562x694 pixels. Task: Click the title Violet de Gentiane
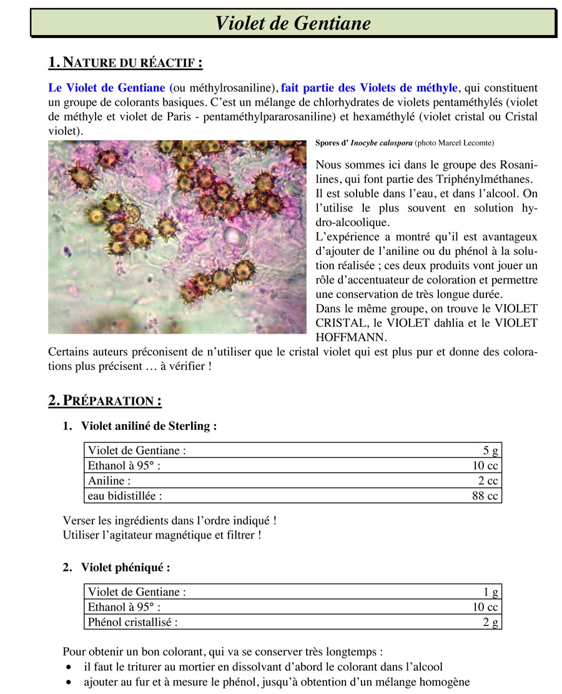292,23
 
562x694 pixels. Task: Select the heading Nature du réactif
126,62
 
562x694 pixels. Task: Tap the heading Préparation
105,400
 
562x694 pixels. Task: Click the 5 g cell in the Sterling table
490,450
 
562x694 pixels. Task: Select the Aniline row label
110,481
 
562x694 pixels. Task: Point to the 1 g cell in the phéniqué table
491,592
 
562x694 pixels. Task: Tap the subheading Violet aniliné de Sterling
149,426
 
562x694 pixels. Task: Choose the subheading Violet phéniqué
125,567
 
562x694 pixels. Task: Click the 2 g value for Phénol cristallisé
491,622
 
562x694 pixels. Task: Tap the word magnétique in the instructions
190,535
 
